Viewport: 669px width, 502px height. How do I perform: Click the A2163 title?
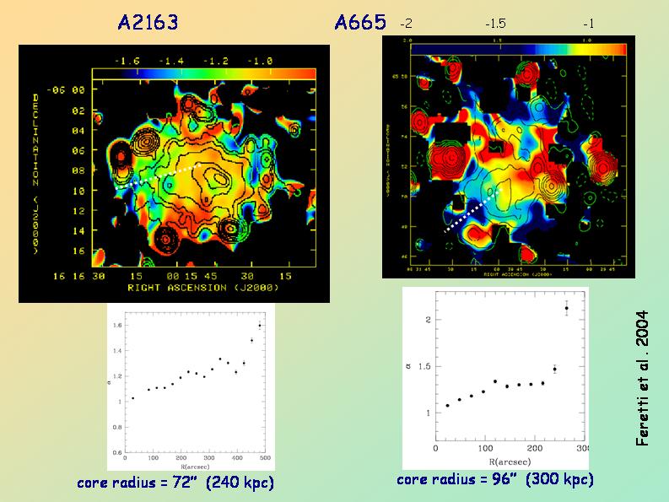(x=148, y=23)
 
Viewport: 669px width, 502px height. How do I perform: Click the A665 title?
(x=360, y=23)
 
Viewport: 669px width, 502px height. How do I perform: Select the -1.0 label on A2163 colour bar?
(x=261, y=61)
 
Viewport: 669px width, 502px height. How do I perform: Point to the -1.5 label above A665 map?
(x=495, y=24)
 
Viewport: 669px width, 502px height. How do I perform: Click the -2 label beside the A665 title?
(x=407, y=24)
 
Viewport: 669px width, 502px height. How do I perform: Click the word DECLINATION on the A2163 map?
(x=35, y=127)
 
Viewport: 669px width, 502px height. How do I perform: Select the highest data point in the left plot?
(x=259, y=325)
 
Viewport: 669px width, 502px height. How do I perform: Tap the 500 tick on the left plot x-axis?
(x=264, y=458)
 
